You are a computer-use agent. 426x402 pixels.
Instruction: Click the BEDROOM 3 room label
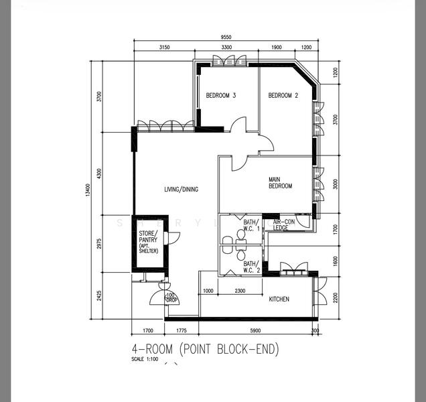220,96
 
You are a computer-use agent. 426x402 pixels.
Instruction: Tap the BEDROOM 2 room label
283,96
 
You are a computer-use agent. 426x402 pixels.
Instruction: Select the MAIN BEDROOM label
280,182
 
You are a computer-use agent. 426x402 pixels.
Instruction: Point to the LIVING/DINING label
181,190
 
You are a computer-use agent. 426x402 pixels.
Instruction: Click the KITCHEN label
279,299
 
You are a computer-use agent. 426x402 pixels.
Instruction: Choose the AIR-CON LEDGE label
285,225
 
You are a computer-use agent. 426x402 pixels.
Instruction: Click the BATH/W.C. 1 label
251,225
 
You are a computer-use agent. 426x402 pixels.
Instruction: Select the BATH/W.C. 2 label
251,268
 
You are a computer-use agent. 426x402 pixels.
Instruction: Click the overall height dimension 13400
88,192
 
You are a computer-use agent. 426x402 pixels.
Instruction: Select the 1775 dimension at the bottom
181,330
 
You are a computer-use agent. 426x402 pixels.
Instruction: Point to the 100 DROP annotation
171,297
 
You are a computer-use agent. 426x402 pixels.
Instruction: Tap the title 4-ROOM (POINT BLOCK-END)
205,349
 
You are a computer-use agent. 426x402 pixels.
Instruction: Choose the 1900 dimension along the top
276,48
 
